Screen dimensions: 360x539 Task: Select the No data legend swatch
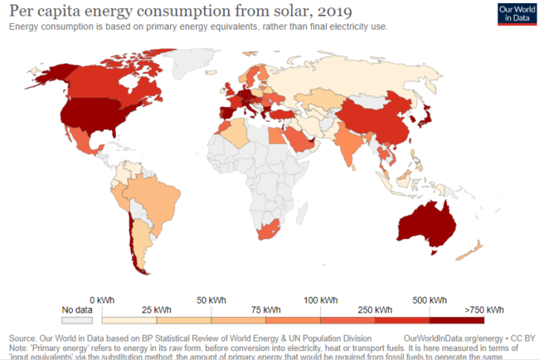[x=75, y=317]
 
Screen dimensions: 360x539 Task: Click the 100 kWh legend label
[x=320, y=299]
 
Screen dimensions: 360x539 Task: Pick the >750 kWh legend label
[x=484, y=309]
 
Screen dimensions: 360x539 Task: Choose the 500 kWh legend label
[x=429, y=299]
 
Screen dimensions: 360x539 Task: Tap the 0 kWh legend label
[x=101, y=299]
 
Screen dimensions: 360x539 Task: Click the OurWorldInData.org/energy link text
[x=453, y=339]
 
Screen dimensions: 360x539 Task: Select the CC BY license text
[x=521, y=339]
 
